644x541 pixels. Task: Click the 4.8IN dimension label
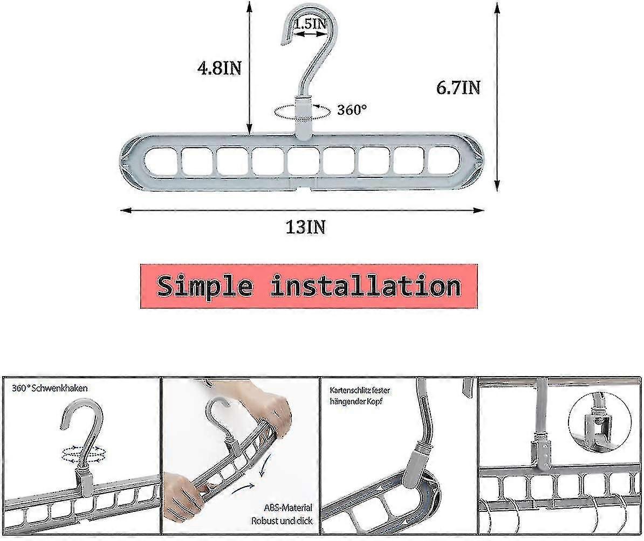pos(218,69)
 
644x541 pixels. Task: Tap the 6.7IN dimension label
pos(458,87)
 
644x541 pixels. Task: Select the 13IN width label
pos(305,227)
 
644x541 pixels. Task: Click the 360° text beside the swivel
pos(352,110)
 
